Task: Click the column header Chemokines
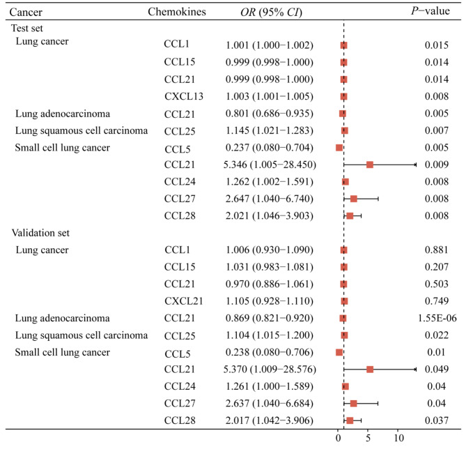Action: click(x=177, y=12)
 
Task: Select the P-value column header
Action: click(x=430, y=11)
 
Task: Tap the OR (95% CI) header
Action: click(x=271, y=12)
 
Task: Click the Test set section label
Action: click(x=27, y=28)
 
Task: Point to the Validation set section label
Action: click(x=40, y=233)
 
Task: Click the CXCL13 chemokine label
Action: click(x=184, y=96)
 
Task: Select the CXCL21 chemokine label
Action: click(x=184, y=301)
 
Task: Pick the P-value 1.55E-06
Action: click(x=437, y=318)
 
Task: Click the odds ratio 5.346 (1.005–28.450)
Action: click(x=270, y=165)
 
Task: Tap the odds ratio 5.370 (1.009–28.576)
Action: click(x=270, y=370)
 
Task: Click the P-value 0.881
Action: click(x=436, y=250)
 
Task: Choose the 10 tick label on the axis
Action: click(x=399, y=438)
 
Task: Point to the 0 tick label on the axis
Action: click(x=339, y=438)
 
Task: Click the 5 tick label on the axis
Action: click(x=368, y=438)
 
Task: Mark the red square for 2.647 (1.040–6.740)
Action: click(x=354, y=199)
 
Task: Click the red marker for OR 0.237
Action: click(x=339, y=148)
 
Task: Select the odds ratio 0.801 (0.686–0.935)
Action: click(x=270, y=114)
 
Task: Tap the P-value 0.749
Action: click(x=436, y=300)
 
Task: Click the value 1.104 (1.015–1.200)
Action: click(x=270, y=335)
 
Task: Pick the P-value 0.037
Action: click(x=436, y=420)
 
